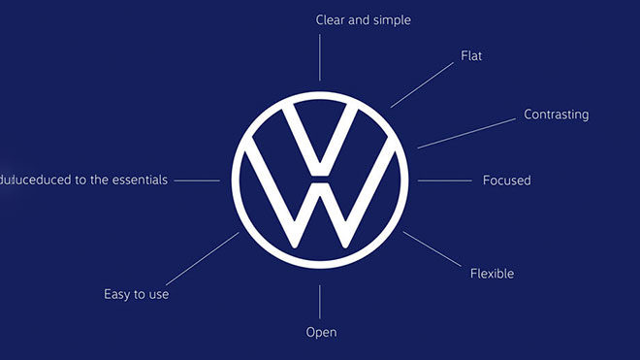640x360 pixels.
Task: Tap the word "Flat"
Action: [470, 56]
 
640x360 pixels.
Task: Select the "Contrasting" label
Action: [556, 115]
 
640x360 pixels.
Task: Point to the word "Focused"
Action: [506, 180]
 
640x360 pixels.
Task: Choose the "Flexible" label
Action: [492, 273]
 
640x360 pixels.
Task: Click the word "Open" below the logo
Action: [321, 332]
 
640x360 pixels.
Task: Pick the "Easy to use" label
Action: [137, 293]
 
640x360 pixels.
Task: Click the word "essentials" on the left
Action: [139, 180]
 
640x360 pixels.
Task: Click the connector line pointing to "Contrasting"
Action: [465, 133]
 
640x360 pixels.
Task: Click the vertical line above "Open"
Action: [320, 302]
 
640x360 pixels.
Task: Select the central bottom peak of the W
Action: [320, 184]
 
